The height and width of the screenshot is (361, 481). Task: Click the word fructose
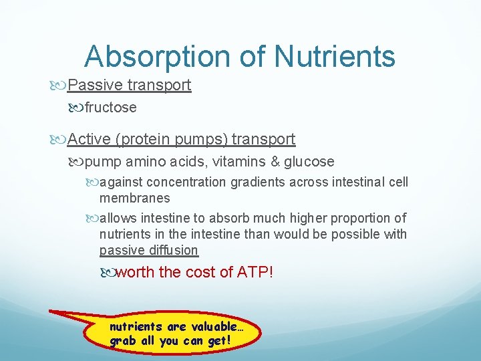pos(110,108)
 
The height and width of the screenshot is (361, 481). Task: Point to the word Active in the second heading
pos(90,139)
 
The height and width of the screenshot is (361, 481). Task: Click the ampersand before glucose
pos(273,162)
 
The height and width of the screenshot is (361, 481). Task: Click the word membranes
pos(134,198)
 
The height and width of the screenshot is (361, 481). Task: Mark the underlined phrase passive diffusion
pos(148,251)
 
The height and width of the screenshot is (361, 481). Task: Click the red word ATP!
pos(255,273)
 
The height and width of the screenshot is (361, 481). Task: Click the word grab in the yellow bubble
pos(122,342)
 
